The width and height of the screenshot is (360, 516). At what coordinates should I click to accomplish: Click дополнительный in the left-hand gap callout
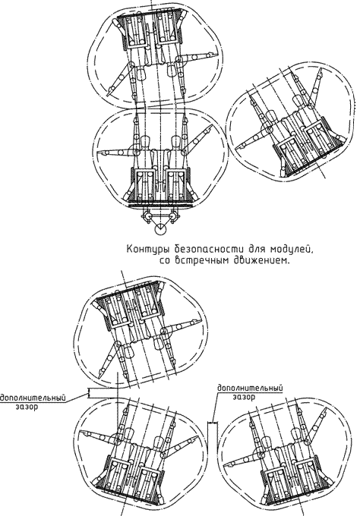pos(33,398)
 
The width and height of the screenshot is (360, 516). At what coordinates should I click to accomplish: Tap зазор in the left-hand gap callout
pos(27,407)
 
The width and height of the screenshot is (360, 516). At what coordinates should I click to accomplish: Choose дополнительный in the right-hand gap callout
pos(250,388)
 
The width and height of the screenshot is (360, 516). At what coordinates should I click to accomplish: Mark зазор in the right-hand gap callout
pos(244,397)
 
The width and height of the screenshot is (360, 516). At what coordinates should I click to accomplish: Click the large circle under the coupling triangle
pos(161,228)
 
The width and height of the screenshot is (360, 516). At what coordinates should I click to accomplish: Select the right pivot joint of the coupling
pos(174,216)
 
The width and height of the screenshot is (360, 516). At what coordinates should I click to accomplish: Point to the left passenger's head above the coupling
pos(145,143)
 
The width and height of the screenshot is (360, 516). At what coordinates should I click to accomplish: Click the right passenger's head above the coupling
pos(176,143)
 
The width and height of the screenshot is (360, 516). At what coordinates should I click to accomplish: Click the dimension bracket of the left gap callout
pos(88,393)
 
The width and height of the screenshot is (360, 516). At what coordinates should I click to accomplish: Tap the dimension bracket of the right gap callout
pos(213,422)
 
